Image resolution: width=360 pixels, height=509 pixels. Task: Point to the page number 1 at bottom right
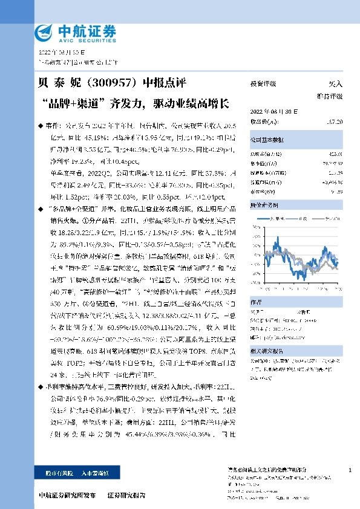[351, 470]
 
